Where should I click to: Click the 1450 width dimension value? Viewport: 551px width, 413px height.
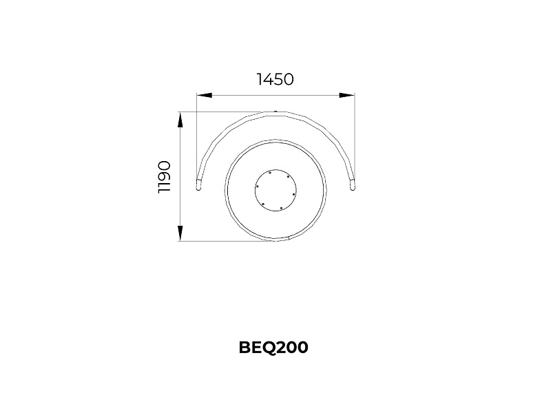pos(275,79)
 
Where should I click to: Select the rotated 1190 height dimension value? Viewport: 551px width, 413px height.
pos(164,177)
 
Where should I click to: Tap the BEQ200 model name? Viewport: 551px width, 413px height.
pos(273,348)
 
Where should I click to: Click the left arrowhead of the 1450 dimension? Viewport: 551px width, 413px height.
pos(204,95)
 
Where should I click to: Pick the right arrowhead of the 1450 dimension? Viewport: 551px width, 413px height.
pos(346,95)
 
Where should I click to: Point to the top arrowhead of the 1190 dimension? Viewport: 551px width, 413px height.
pos(180,120)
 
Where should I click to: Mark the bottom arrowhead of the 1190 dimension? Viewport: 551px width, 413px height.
pos(180,233)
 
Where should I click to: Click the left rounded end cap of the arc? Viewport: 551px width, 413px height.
pos(198,185)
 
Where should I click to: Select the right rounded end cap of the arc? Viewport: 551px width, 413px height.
pos(352,185)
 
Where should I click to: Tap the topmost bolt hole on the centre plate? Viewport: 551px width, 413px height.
pos(269,173)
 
